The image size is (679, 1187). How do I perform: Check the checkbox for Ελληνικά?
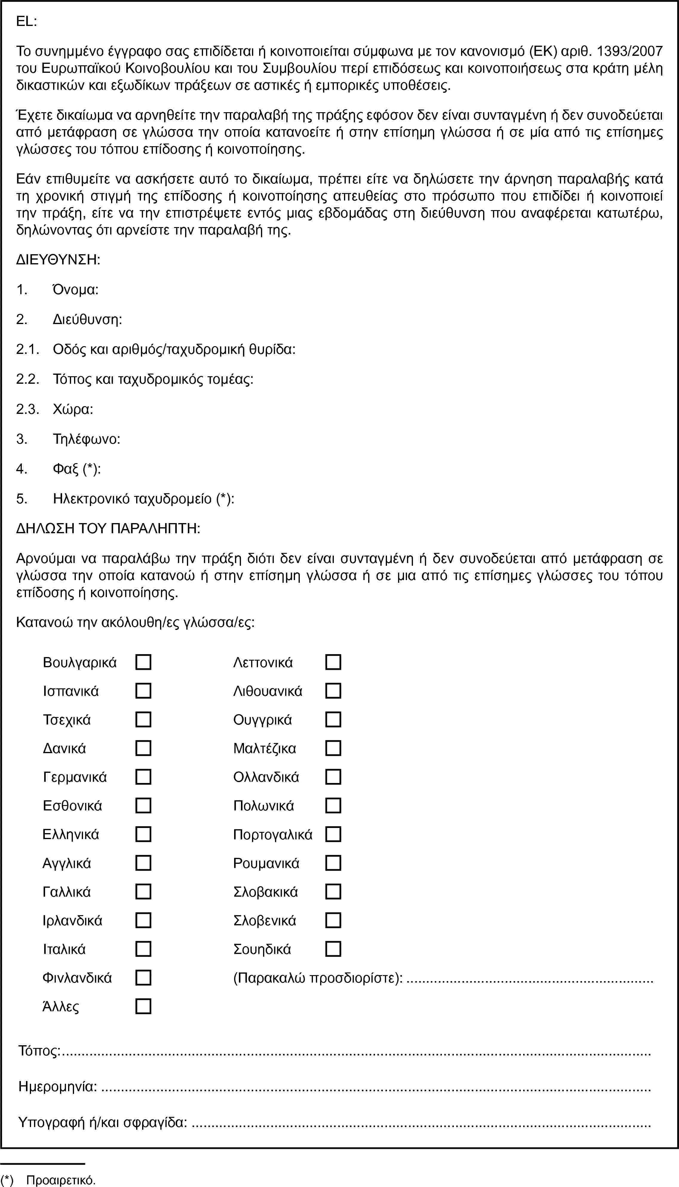[x=143, y=834]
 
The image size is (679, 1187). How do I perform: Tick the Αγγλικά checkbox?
[x=143, y=863]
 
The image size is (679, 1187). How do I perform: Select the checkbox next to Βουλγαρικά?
[x=143, y=662]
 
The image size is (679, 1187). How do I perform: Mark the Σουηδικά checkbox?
[x=333, y=949]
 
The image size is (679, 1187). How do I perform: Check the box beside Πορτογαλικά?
[x=333, y=834]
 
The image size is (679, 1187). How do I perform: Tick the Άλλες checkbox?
[x=143, y=1007]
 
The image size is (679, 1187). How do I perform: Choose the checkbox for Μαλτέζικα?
[x=333, y=748]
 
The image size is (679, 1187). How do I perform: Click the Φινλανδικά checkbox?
[x=143, y=978]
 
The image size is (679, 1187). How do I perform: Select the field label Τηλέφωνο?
[x=87, y=439]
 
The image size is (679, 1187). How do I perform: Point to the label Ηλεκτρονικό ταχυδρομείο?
[x=133, y=499]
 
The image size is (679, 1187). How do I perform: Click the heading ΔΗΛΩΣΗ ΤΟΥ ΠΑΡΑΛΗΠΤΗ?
[x=108, y=528]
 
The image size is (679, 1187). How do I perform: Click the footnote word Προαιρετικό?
[x=61, y=1180]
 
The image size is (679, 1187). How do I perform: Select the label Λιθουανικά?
[x=268, y=691]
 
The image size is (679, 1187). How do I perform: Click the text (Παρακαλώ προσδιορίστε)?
[x=318, y=978]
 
